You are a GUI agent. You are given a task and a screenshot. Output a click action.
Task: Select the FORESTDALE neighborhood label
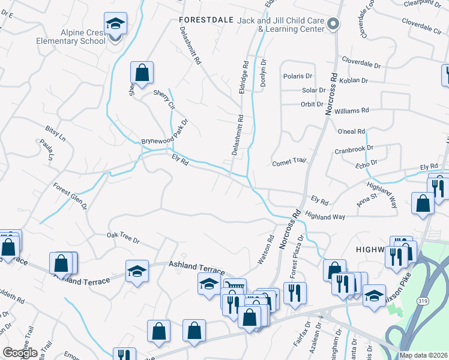(206, 20)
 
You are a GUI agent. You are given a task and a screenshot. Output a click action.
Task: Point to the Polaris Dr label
(298, 76)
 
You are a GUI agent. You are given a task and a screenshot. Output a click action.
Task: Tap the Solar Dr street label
(313, 91)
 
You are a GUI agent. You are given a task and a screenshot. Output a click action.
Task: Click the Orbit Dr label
(312, 104)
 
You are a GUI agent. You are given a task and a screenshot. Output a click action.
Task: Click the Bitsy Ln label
(55, 133)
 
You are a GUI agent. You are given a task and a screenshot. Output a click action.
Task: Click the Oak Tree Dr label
(123, 238)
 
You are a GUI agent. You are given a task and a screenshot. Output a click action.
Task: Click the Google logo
(20, 353)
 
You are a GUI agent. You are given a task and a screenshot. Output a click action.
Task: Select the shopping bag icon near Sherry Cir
(142, 73)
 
